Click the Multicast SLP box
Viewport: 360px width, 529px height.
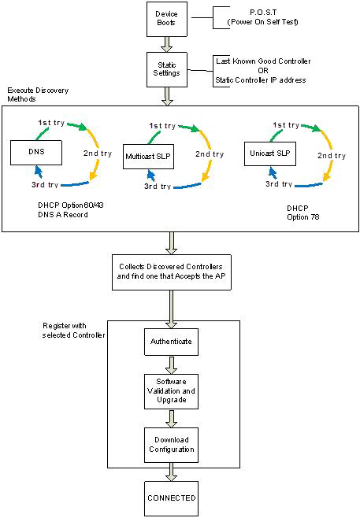(150, 157)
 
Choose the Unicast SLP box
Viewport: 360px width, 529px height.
(269, 151)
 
